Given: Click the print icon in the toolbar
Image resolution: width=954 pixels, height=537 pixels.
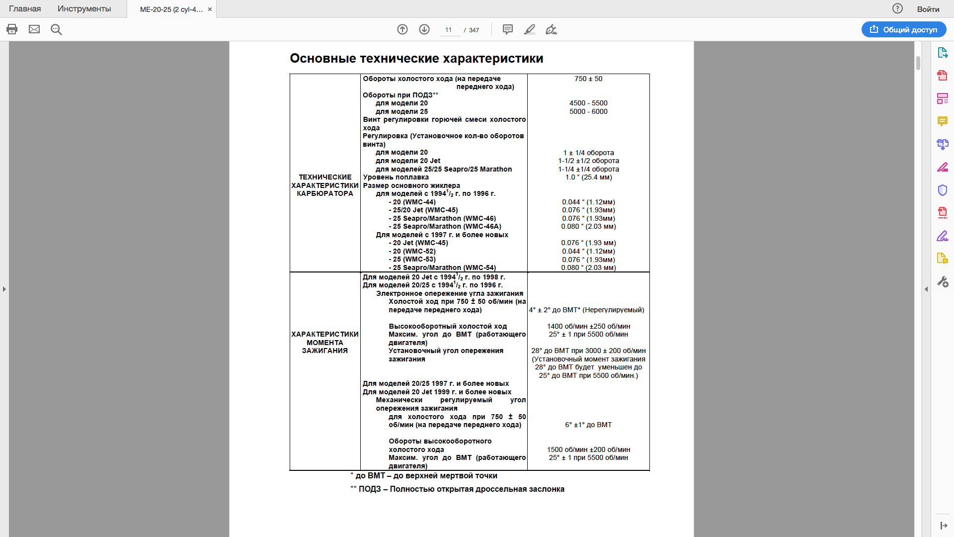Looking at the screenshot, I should click(12, 29).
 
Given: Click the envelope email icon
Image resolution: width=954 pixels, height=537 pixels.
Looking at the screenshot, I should click(34, 29).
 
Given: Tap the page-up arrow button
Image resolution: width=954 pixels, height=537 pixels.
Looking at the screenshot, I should click(402, 29).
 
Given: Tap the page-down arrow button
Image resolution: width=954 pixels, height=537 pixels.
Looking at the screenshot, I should click(424, 29).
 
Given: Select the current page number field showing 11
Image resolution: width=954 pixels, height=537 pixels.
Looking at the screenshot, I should click(449, 30).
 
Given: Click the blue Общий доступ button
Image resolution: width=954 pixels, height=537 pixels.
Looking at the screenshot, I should click(904, 29).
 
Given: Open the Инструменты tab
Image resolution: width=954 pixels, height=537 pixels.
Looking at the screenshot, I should click(84, 9).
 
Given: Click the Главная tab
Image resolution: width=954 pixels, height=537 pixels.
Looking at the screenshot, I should click(25, 9).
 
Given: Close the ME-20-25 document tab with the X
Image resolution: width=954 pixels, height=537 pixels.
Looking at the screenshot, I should click(210, 9).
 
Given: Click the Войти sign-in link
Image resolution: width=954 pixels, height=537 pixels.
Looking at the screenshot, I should click(928, 9).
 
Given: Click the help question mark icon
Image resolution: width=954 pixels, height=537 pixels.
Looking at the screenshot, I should click(897, 8).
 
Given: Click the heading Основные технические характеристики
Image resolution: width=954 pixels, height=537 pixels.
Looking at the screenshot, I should click(416, 58).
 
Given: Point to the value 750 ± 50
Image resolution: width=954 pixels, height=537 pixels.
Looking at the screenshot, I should click(588, 79).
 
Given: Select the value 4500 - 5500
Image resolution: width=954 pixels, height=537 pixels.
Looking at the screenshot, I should click(588, 103).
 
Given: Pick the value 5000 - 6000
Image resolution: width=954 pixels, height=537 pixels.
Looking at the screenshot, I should click(588, 111).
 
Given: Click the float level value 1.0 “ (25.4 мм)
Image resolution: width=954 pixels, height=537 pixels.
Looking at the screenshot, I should click(588, 177).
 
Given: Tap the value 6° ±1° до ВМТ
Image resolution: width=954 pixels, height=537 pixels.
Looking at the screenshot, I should click(588, 425).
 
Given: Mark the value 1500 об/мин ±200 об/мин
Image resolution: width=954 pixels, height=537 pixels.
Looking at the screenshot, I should click(588, 449).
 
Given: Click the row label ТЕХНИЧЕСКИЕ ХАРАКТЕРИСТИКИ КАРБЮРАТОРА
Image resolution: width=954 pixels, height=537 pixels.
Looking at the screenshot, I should click(325, 185).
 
